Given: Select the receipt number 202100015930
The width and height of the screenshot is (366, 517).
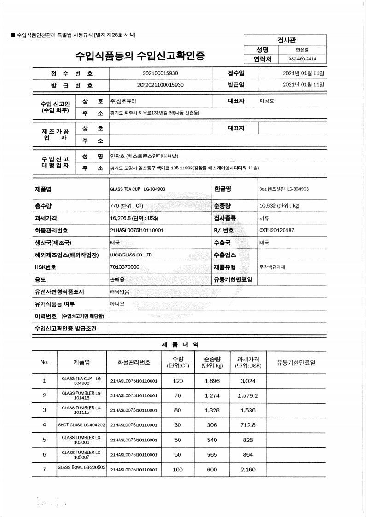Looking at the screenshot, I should pos(161,73).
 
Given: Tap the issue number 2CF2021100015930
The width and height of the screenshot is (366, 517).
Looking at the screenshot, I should pos(161,85).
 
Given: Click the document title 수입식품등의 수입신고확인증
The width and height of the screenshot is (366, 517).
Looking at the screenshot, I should pos(140,56).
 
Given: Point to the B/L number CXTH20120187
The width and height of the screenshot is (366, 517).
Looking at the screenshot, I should pos(277,230).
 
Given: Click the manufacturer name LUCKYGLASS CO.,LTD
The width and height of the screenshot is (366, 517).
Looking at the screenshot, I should pos(131,255).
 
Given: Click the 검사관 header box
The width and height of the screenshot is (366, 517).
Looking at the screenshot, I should pos(286,40).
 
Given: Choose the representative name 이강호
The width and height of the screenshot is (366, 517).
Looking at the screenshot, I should pos(267,101).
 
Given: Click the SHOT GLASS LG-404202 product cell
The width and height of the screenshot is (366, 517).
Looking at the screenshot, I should pos(81,425).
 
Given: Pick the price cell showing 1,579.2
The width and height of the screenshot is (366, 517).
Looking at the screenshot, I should pos(248,395).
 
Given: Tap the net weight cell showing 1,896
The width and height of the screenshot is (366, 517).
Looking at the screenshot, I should pos(212,381).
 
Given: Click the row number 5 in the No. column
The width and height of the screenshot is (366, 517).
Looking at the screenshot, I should pos(45,440).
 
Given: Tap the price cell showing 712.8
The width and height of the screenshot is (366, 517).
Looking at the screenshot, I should pos(248,425).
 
